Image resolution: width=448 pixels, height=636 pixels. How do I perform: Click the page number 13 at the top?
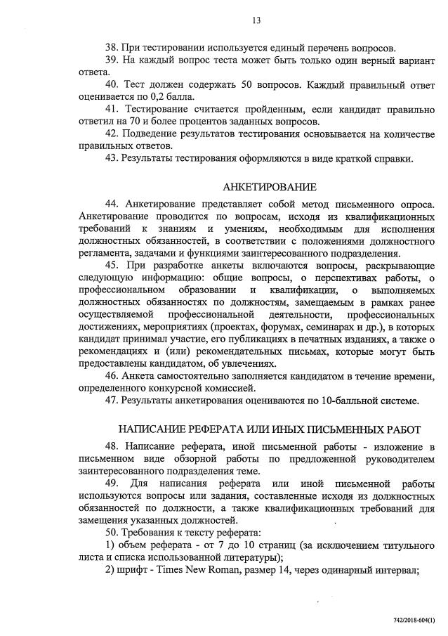coord(256,20)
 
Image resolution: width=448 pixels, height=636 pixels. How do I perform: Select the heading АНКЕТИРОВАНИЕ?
coord(270,187)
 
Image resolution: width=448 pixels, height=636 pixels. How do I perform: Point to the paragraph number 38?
coord(112,48)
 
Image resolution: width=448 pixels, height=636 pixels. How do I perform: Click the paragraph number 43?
coord(112,157)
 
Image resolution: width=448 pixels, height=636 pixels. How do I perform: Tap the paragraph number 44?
coord(112,205)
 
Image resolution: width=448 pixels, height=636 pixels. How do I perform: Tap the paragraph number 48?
coord(112,448)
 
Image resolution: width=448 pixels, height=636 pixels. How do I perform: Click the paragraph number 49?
coord(112,484)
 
